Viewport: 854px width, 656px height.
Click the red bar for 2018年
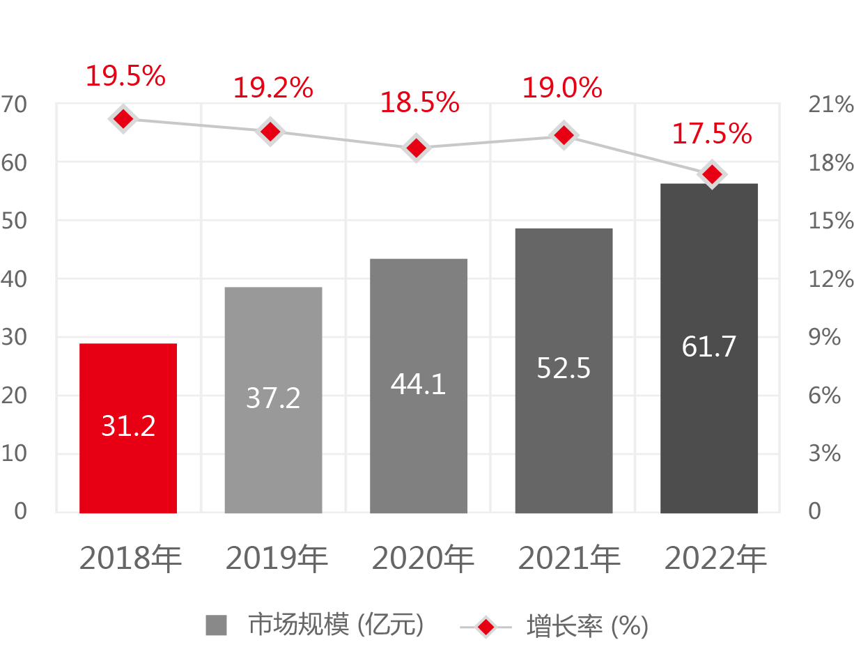coord(128,428)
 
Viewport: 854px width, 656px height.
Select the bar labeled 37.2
coord(273,400)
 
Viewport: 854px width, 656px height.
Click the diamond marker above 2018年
coord(123,119)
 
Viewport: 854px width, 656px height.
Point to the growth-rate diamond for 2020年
coord(417,148)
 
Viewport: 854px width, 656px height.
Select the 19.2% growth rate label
coord(272,88)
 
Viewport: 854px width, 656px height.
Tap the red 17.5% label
coord(711,134)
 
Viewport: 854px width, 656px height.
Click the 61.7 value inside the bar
coord(709,346)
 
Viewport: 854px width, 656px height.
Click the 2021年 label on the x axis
coord(569,559)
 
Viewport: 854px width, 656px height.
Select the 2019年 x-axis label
coord(277,559)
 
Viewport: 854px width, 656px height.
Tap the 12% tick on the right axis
coord(830,279)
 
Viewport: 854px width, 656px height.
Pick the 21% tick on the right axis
coord(830,105)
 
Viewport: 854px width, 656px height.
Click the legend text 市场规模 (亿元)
coord(336,625)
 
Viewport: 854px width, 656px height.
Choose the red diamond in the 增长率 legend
coord(486,627)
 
